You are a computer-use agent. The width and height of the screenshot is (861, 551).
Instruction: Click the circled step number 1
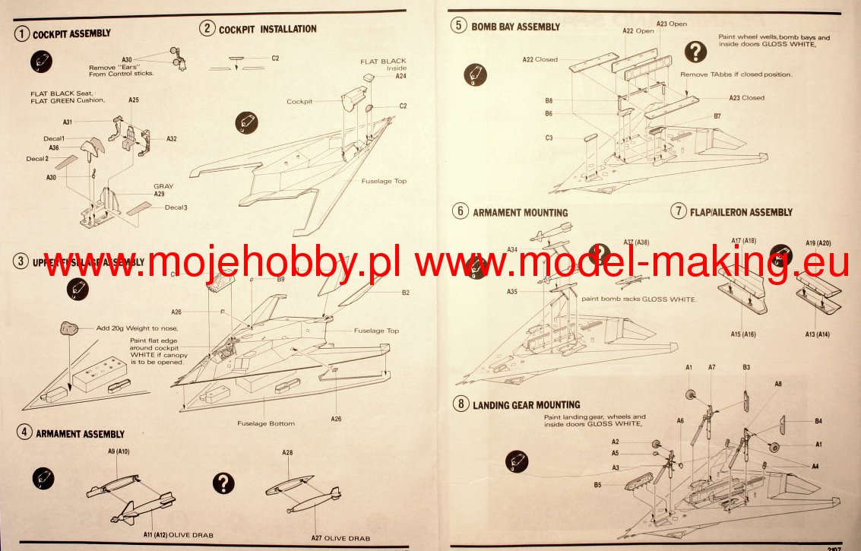23,33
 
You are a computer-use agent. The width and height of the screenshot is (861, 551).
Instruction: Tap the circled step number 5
458,26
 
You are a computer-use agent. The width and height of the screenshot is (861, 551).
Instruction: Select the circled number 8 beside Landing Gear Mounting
460,404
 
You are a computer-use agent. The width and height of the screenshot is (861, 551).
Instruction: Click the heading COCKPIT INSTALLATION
267,29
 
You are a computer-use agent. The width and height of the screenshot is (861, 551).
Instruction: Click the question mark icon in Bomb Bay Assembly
695,51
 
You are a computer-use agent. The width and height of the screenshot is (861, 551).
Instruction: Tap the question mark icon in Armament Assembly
223,483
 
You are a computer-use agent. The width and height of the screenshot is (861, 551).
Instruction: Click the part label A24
401,76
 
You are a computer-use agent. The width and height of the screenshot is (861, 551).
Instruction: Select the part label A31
68,122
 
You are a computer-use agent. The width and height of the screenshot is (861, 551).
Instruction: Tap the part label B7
717,116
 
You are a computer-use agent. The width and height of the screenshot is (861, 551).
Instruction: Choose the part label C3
549,138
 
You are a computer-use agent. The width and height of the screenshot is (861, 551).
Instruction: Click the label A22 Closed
540,59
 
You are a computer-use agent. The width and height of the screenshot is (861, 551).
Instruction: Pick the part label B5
598,484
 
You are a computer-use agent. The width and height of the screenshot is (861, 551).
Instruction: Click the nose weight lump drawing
70,328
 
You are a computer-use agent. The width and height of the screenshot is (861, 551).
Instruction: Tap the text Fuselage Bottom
265,423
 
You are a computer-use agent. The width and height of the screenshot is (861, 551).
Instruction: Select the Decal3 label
176,207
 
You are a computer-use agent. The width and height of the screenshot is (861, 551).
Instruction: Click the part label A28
287,452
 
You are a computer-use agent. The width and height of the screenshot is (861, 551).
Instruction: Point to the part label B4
818,420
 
